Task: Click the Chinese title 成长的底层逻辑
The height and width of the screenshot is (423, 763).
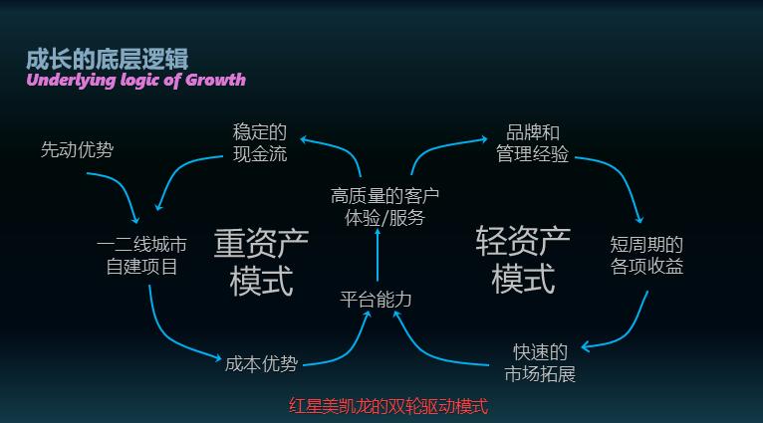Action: tap(107, 59)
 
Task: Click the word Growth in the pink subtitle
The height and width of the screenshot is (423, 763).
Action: tap(215, 80)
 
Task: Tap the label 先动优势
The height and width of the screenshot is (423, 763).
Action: tap(77, 149)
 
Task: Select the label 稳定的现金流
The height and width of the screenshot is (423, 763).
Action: tap(260, 143)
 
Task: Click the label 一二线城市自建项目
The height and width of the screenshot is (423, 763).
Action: tap(141, 255)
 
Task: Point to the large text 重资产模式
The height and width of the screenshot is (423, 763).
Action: tap(261, 262)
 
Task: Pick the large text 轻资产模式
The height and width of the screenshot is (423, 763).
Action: tap(523, 260)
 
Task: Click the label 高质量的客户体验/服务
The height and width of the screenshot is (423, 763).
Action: tap(384, 207)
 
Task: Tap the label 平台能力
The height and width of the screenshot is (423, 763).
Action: tap(376, 299)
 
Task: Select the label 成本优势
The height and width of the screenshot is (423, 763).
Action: tap(261, 363)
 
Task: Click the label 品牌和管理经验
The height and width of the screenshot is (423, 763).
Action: tap(532, 143)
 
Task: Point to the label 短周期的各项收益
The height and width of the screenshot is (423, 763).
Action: tap(646, 255)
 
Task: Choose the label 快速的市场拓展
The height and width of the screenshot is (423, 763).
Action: tap(540, 363)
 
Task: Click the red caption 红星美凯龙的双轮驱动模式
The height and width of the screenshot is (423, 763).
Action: tap(388, 406)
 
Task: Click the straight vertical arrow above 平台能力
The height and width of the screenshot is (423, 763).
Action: tap(378, 255)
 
